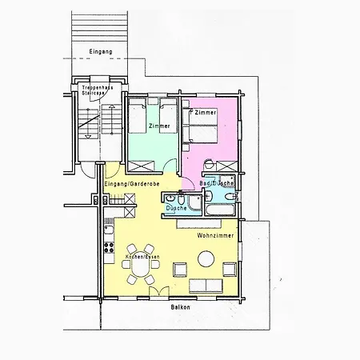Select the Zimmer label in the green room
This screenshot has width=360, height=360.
click(159, 126)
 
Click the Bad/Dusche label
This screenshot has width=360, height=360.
click(216, 184)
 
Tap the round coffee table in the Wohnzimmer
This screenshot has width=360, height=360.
click(206, 258)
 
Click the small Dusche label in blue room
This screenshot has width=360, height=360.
click(175, 208)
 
